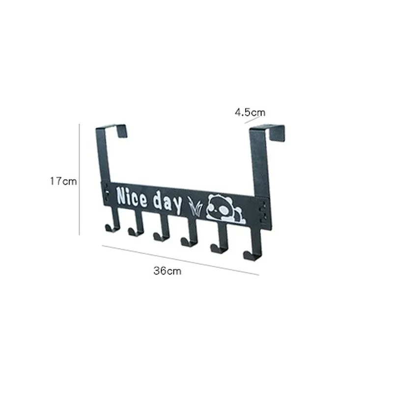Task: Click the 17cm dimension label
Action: point(63,181)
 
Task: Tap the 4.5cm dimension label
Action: point(250,112)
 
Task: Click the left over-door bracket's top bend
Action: point(117,127)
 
